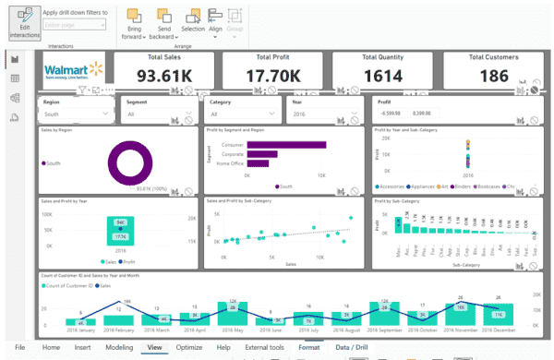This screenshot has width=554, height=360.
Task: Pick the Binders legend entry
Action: pos(481,186)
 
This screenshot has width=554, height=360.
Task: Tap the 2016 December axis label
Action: pos(498,328)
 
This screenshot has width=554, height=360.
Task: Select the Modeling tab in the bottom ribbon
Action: pos(118,347)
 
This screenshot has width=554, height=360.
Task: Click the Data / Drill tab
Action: pos(351,347)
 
